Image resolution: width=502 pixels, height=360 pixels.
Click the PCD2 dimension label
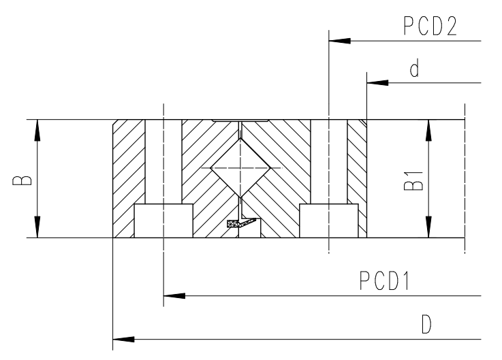pos(430,26)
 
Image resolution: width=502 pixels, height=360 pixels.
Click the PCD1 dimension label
pos(384,280)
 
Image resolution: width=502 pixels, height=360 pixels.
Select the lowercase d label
pos(415,68)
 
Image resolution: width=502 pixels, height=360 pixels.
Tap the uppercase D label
pos(426,324)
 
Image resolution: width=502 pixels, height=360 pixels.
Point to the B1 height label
pos(413,181)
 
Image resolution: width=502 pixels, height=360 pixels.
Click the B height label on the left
pos(22,180)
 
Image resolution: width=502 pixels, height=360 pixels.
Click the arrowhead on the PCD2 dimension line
pos(340,41)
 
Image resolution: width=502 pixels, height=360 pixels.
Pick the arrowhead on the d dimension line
pos(377,83)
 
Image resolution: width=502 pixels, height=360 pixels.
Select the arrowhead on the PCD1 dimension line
pos(174,295)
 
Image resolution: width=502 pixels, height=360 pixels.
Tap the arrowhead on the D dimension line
pos(123,339)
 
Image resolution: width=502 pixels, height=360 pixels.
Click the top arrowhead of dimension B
pos(37,130)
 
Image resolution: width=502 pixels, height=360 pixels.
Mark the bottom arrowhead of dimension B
pos(37,227)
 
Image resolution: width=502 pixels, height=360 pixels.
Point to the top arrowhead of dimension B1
pos(428,130)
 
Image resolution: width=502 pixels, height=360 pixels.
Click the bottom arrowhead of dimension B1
pos(428,227)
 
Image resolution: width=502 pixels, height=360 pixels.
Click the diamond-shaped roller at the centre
pos(240,167)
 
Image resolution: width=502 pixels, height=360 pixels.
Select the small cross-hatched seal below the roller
pos(241,223)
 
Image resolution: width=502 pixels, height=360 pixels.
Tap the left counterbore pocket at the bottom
pos(163,220)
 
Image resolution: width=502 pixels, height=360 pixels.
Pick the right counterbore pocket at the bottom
pos(329,220)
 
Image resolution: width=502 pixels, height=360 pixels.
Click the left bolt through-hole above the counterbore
pos(163,161)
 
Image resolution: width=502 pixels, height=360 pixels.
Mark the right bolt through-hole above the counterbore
pos(329,161)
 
